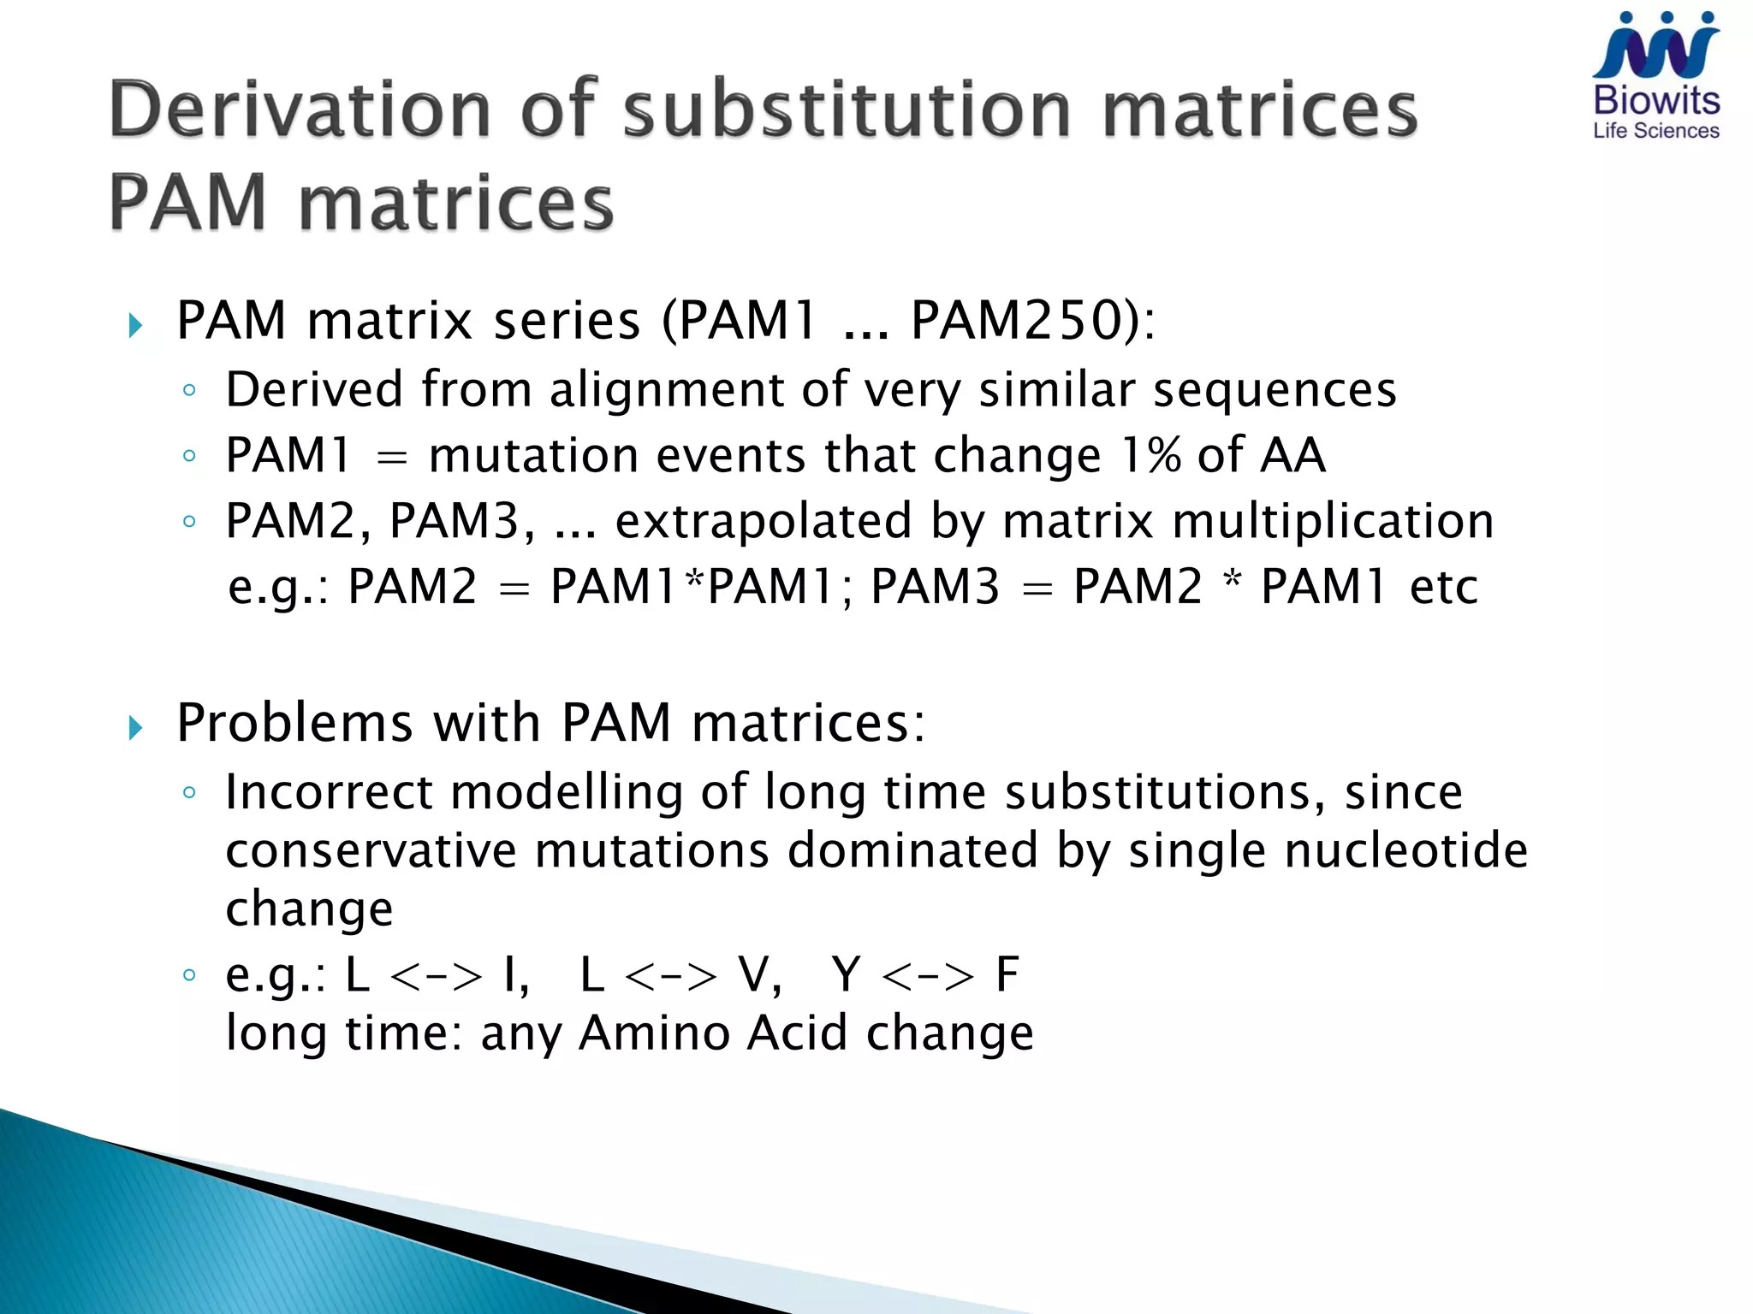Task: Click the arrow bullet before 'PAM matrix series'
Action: coord(135,325)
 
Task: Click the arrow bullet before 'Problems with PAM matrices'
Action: coord(135,728)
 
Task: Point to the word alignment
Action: coord(666,389)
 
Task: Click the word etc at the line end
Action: coord(1443,587)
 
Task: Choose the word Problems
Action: coord(294,723)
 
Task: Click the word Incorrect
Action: coord(329,791)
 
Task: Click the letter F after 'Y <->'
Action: coord(1007,974)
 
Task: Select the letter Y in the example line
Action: coord(846,974)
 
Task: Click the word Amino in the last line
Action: coord(652,1033)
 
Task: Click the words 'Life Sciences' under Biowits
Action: coord(1655,131)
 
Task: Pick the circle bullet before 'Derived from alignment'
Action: coord(189,391)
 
